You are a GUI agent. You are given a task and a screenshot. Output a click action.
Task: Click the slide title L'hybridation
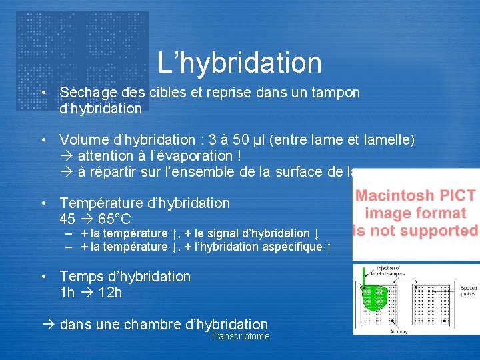point(240,63)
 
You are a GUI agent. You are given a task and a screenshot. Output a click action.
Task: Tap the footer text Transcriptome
point(240,337)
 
